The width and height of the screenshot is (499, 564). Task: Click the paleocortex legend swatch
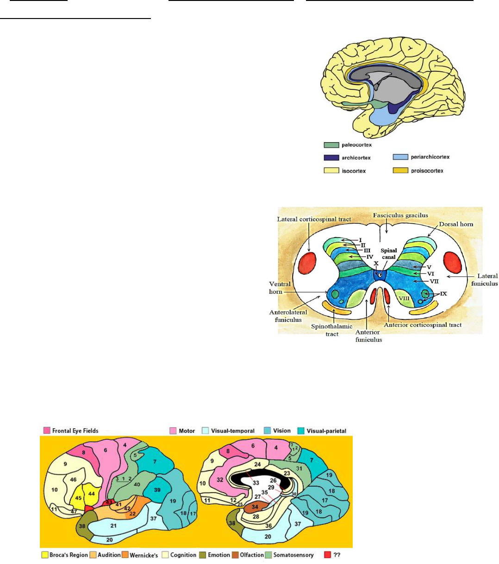pos(331,145)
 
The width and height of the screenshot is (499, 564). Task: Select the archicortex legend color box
pos(331,157)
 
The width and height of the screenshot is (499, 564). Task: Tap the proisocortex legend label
pos(427,171)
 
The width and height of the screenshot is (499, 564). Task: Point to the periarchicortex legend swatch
pos(400,157)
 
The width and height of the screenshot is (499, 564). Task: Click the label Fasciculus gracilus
pos(401,215)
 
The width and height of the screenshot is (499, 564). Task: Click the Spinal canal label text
pos(389,254)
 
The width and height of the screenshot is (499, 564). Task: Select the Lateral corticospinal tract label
pos(314,219)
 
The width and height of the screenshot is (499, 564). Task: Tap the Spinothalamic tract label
pos(332,330)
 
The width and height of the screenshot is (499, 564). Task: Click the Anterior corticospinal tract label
pos(423,325)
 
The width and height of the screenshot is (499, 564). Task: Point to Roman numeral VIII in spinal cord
pos(404,299)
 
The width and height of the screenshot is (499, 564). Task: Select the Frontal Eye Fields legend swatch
pos(46,431)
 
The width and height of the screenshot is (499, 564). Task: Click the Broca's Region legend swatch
pos(45,555)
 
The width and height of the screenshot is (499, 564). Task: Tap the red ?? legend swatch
pos(328,555)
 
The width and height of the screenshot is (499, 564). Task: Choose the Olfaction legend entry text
pos(252,555)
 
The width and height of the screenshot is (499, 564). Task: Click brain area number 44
pos(91,494)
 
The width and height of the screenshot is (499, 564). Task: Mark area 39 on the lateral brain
pos(157,490)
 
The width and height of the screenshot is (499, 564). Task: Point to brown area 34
pos(255,507)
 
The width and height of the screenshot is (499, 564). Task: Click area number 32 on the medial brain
pos(220,480)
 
